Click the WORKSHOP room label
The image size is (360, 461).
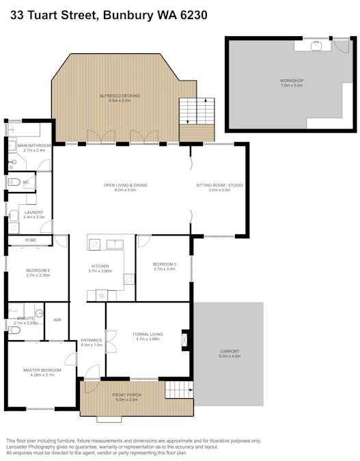pyautogui.click(x=292, y=81)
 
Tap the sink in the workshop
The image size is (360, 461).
pyautogui.click(x=316, y=46)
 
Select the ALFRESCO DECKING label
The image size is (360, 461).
pyautogui.click(x=120, y=96)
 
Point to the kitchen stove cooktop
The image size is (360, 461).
pyautogui.click(x=128, y=279)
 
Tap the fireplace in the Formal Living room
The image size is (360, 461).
pyautogui.click(x=184, y=339)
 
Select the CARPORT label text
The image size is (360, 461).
pyautogui.click(x=229, y=351)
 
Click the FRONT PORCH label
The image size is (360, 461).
pyautogui.click(x=124, y=395)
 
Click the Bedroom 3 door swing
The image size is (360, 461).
pyautogui.click(x=143, y=241)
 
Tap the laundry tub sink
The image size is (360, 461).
pyautogui.click(x=15, y=215)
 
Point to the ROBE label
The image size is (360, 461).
pyautogui.click(x=31, y=240)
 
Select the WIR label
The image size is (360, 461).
pyautogui.click(x=57, y=320)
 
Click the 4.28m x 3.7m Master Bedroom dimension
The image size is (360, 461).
pyautogui.click(x=42, y=375)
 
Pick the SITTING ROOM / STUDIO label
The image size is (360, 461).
pyautogui.click(x=219, y=185)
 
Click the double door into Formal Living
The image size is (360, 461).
pyautogui.click(x=109, y=342)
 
